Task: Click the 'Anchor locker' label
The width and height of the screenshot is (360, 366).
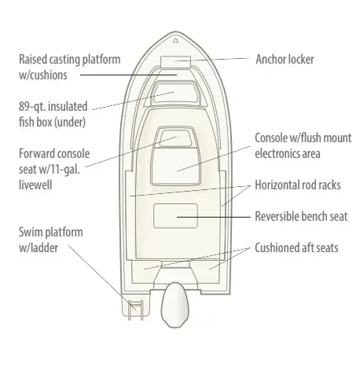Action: pyautogui.click(x=285, y=60)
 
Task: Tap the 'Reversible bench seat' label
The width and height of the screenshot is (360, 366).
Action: pyautogui.click(x=301, y=217)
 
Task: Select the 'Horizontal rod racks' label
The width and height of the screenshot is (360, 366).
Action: pyautogui.click(x=298, y=185)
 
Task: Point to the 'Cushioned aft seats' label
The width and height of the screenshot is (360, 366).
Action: pyautogui.click(x=296, y=247)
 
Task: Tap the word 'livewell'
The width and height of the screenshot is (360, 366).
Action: pyautogui.click(x=35, y=185)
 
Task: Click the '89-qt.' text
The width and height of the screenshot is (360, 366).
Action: pyautogui.click(x=32, y=107)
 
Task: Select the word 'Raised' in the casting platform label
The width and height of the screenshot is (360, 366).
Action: pyautogui.click(x=33, y=60)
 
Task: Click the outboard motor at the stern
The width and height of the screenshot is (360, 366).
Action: pyautogui.click(x=174, y=305)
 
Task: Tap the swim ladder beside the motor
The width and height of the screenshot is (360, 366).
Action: pyautogui.click(x=135, y=310)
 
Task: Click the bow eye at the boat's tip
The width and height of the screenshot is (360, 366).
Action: pyautogui.click(x=176, y=41)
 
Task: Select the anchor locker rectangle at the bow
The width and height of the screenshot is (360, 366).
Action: pyautogui.click(x=175, y=61)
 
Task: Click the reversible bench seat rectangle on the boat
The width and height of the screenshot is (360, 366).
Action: pyautogui.click(x=175, y=216)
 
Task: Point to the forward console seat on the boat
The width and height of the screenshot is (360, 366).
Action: pyautogui.click(x=175, y=137)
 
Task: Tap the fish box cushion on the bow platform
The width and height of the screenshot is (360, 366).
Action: pyautogui.click(x=175, y=93)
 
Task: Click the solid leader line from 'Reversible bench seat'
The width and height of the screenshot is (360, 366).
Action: pyautogui.click(x=214, y=217)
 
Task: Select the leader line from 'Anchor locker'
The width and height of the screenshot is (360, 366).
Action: pyautogui.click(x=211, y=60)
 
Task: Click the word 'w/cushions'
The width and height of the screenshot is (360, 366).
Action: pyautogui.click(x=43, y=75)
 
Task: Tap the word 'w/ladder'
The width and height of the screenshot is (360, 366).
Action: pyautogui.click(x=39, y=248)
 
